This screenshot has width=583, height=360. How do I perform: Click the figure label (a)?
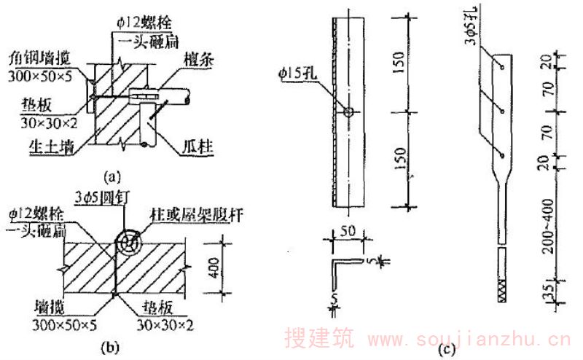pos(110,175)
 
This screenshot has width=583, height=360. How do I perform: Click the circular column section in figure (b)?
pos(129,243)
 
